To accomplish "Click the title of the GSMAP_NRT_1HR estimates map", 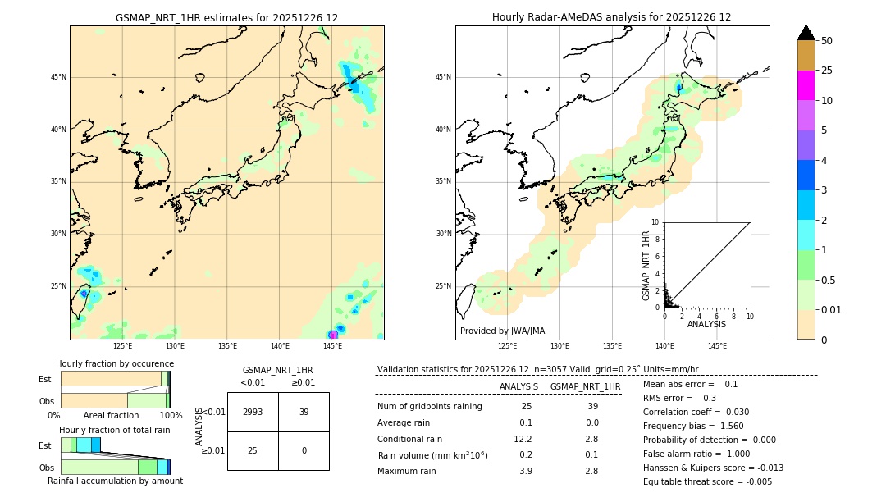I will point(226,17).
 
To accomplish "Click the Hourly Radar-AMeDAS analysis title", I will point(611,17).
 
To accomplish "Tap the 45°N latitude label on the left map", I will point(58,77).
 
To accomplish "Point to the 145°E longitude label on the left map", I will point(332,346).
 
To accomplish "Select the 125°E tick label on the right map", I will point(508,346).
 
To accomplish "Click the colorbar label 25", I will point(827,71).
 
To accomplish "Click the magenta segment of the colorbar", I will point(806,85).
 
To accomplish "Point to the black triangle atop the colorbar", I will point(806,33).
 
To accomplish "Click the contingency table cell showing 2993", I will point(253,412).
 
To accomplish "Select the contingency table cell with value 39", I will point(304,412).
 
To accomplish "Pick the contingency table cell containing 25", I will point(253,450).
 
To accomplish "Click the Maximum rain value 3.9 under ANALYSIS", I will point(525,471).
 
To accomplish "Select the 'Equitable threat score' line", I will point(707,481).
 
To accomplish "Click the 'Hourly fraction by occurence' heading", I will point(115,363).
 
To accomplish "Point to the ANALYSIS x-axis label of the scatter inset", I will point(706,324).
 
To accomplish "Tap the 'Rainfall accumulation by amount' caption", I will point(116,481).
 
